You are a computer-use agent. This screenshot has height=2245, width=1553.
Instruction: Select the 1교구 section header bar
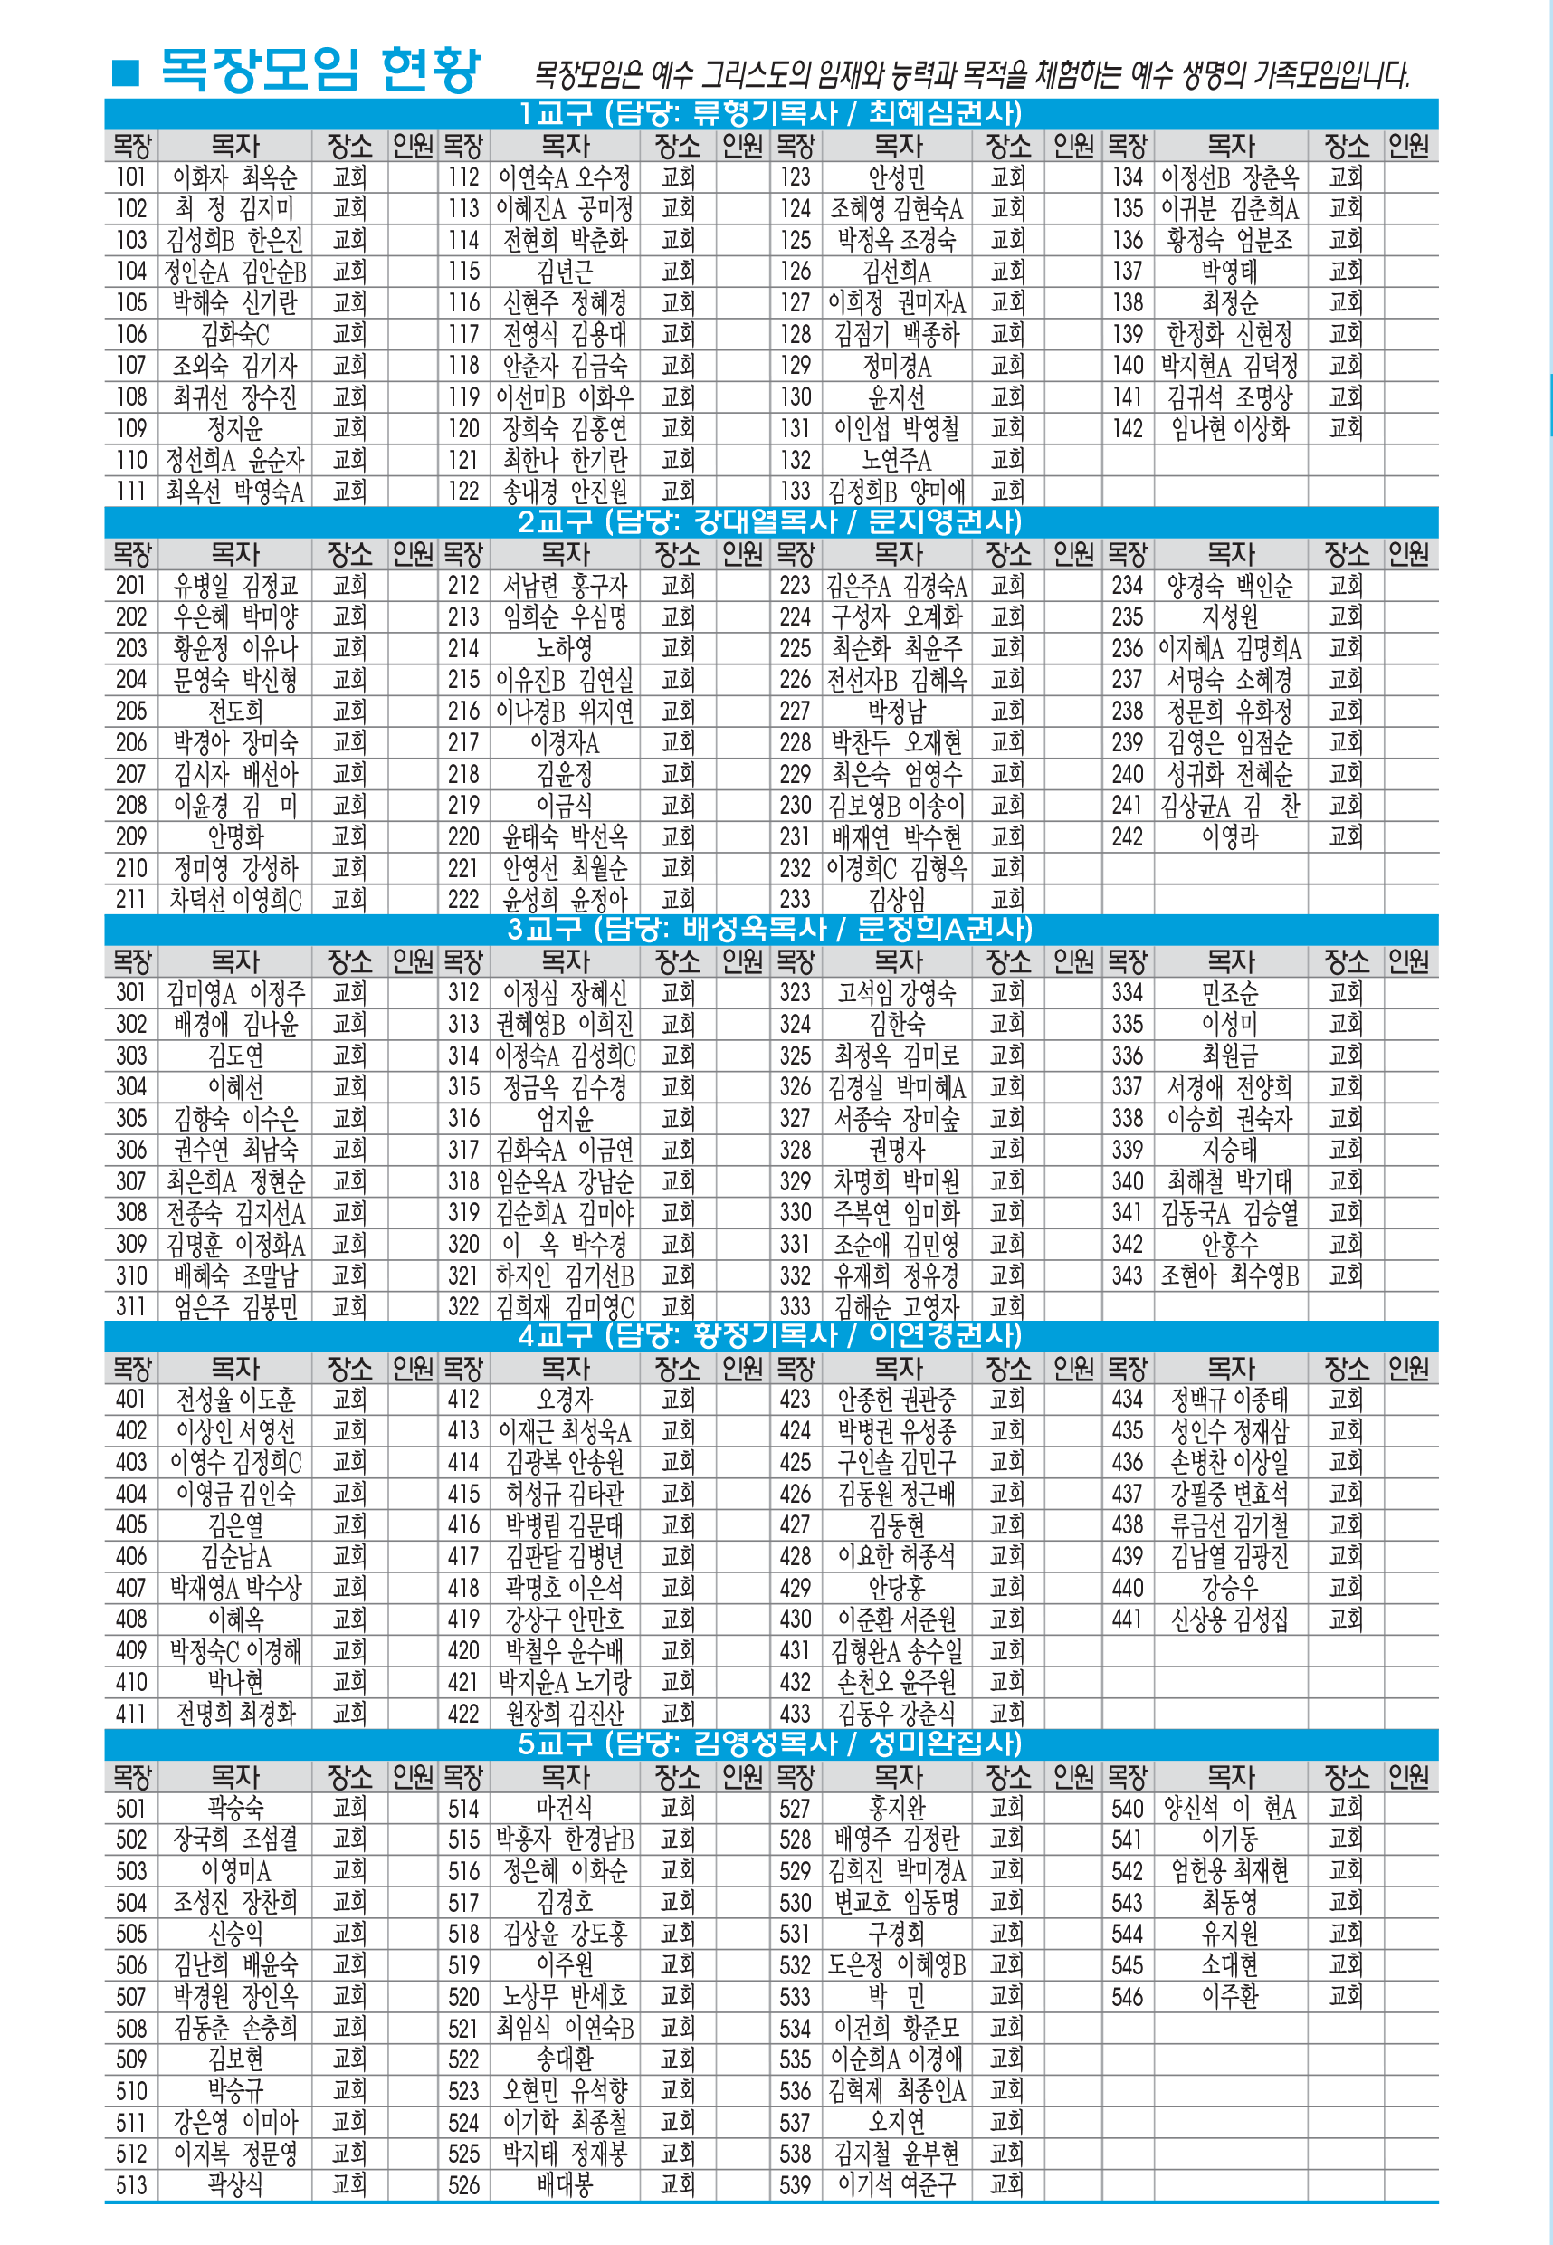(771, 113)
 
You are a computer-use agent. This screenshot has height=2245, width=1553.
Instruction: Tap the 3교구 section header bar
(771, 929)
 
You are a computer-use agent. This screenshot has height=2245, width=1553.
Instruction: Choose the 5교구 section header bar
(771, 1743)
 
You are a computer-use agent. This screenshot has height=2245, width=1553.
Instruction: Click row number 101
(131, 177)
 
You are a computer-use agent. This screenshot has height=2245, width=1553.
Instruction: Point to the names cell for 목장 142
(1230, 428)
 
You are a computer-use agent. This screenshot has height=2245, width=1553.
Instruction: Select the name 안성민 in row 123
(896, 177)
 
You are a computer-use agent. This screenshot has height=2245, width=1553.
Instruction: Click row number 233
(795, 899)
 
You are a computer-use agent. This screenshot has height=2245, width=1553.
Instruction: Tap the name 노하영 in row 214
(565, 648)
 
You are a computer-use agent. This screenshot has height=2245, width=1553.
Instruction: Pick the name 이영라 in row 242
(1230, 836)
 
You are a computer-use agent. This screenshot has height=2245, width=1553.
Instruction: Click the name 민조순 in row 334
(1230, 992)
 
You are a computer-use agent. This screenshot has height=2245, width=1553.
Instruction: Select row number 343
(1127, 1275)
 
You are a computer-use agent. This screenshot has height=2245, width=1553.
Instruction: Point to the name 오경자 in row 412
(565, 1400)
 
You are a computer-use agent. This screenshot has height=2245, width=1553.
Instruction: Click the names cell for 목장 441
(1230, 1619)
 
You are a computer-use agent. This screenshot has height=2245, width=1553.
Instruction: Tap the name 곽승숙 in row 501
(234, 1808)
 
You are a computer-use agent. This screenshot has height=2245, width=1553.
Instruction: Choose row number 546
(1127, 1997)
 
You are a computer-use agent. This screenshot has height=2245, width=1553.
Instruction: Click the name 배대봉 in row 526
(565, 2184)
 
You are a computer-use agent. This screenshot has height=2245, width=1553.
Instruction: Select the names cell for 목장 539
(896, 2184)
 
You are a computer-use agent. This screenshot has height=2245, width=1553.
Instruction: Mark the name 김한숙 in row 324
(896, 1024)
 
